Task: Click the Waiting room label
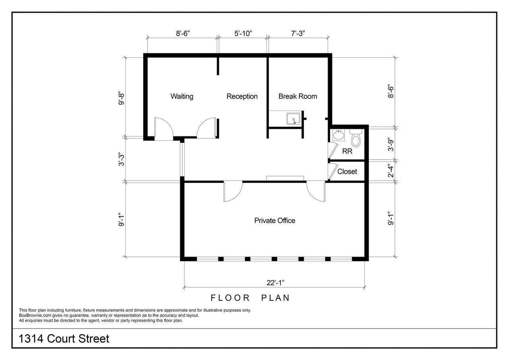[x=182, y=96]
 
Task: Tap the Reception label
[x=242, y=96]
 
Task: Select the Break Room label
[x=298, y=96]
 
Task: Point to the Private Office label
[x=275, y=220]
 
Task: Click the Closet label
[x=347, y=171]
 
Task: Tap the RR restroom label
[x=347, y=151]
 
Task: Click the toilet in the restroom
[x=356, y=138]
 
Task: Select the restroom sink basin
[x=338, y=136]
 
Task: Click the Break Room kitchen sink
[x=293, y=119]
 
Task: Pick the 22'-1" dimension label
[x=276, y=283]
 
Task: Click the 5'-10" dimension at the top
[x=243, y=33]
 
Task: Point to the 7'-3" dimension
[x=298, y=33]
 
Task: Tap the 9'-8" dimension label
[x=121, y=99]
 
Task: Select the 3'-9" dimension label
[x=390, y=144]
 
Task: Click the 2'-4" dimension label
[x=390, y=171]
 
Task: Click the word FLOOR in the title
[x=230, y=298]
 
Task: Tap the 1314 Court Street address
[x=64, y=339]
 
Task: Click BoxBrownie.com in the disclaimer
[x=35, y=315]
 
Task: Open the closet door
[x=332, y=171]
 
